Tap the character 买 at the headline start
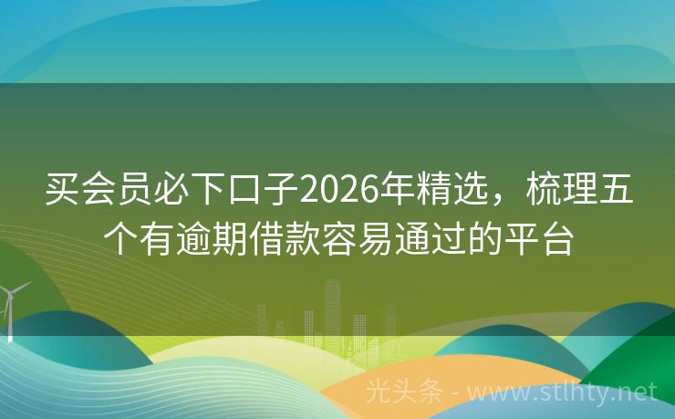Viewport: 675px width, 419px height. coord(62,190)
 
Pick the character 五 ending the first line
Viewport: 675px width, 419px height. coord(616,190)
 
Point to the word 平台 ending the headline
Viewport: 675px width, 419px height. coord(539,239)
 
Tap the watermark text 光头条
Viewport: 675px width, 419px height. coord(405,393)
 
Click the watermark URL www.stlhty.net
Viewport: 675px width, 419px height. coord(562,393)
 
